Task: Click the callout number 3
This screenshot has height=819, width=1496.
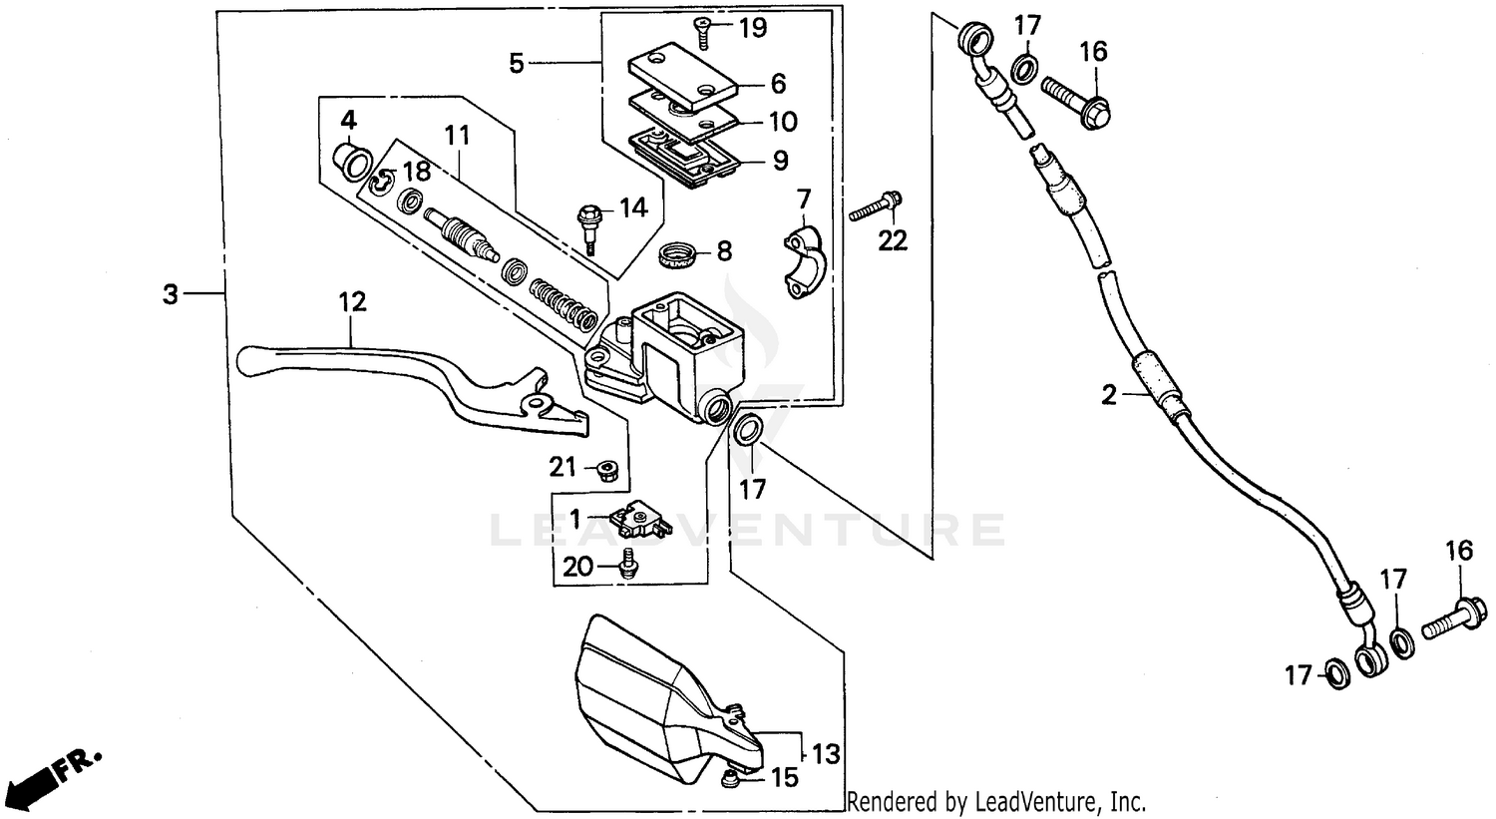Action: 172,294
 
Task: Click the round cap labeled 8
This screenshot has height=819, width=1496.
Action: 678,256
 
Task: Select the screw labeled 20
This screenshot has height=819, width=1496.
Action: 628,563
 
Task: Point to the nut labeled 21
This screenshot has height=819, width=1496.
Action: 604,469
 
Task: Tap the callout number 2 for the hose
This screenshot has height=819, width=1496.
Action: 1110,395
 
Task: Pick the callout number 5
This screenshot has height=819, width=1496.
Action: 516,64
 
